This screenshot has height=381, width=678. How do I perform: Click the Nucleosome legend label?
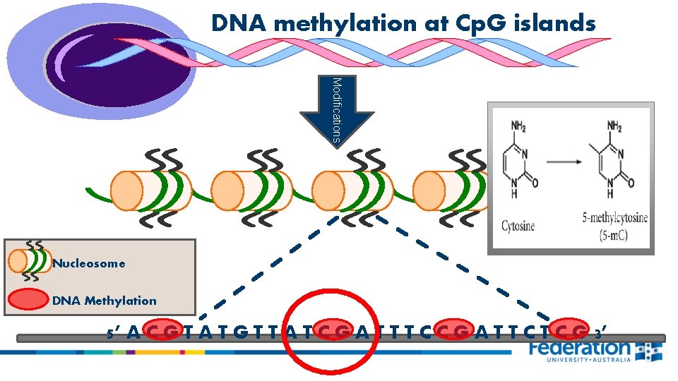[x=89, y=263]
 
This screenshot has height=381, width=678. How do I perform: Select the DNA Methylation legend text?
[x=105, y=301]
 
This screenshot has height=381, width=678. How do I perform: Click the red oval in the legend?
[x=27, y=300]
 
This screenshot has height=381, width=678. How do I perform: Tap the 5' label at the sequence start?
[x=113, y=331]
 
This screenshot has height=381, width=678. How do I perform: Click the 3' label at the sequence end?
[x=600, y=331]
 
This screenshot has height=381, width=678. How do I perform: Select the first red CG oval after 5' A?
[x=163, y=329]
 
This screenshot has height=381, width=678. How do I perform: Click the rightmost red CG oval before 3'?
[x=570, y=329]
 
